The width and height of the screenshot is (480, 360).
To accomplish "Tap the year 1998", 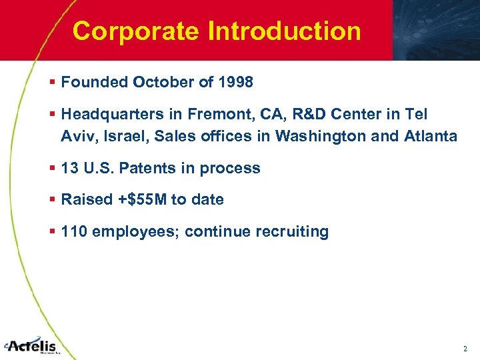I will (235, 83).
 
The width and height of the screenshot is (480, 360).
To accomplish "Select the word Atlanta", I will (431, 137).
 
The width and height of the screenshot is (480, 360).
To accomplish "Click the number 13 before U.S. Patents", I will (69, 169).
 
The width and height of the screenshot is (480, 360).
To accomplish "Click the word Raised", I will (83, 199).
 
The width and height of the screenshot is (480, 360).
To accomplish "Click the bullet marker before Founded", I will (52, 83).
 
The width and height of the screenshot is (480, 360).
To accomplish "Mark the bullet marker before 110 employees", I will (52, 232).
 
